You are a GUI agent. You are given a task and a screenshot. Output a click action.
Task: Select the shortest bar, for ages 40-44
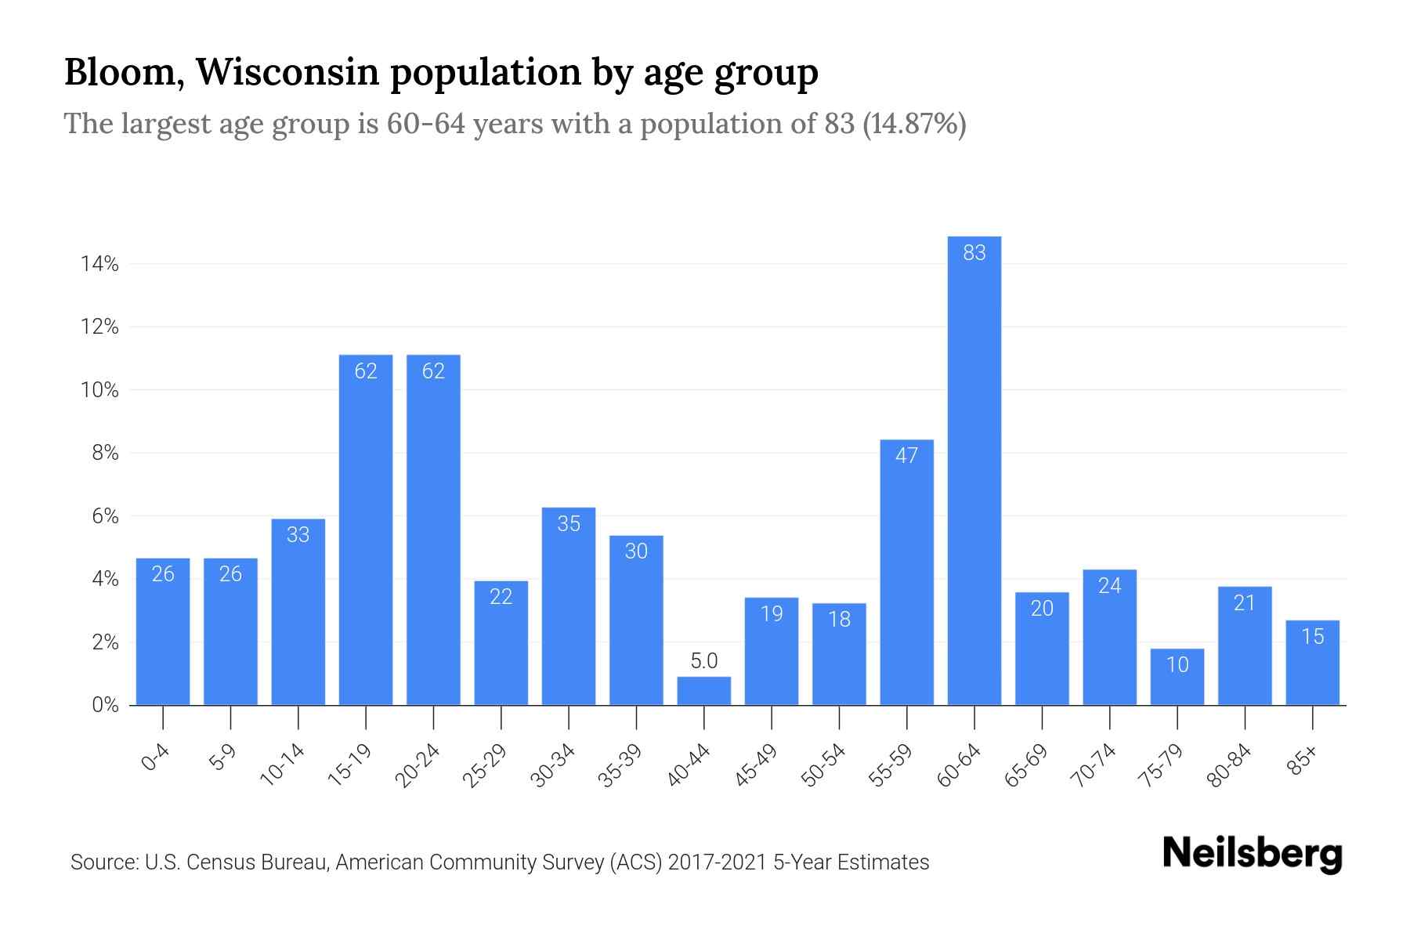click(x=703, y=691)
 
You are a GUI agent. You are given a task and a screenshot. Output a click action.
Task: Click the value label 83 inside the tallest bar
click(x=974, y=253)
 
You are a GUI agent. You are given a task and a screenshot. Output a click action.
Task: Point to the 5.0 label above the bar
click(x=703, y=661)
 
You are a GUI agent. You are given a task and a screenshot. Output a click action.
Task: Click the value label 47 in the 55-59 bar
click(x=906, y=456)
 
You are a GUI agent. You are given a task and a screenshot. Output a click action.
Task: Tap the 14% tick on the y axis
click(x=99, y=264)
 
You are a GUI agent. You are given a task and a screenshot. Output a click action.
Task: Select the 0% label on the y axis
click(x=105, y=705)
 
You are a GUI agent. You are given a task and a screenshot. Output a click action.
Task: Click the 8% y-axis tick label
click(x=105, y=454)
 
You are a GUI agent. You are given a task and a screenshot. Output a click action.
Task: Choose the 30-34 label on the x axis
click(x=553, y=765)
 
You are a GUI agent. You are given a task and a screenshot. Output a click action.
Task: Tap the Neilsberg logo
click(x=1252, y=854)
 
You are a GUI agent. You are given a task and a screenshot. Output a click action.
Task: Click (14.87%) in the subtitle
click(x=914, y=124)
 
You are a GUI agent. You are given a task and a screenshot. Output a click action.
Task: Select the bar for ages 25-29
click(x=501, y=642)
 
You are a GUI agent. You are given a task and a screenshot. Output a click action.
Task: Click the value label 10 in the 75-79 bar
click(x=1177, y=665)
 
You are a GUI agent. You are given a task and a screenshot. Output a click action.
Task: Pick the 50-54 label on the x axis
click(x=823, y=765)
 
